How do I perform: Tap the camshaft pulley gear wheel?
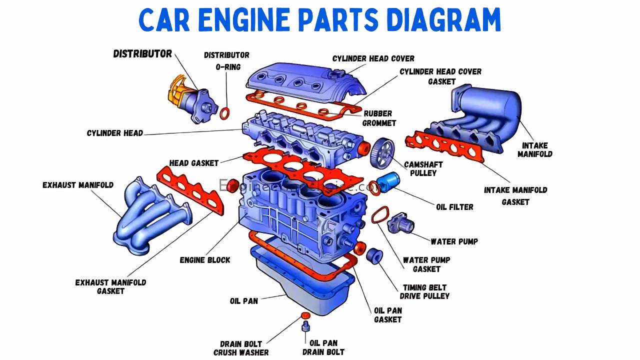pyautogui.click(x=382, y=152)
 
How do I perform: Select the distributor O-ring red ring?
pyautogui.click(x=225, y=113)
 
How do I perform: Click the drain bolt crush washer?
pyautogui.click(x=304, y=315)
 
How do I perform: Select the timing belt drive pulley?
pyautogui.click(x=374, y=254)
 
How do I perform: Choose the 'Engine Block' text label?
pyautogui.click(x=205, y=260)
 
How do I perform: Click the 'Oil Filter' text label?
pyautogui.click(x=454, y=207)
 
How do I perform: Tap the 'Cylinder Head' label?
pyautogui.click(x=115, y=133)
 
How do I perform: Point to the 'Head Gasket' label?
pyautogui.click(x=194, y=163)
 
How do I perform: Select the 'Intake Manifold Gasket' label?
pyautogui.click(x=515, y=196)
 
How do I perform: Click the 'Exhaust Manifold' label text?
pyautogui.click(x=78, y=185)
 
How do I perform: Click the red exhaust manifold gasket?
pyautogui.click(x=190, y=192)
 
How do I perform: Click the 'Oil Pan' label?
pyautogui.click(x=244, y=301)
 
